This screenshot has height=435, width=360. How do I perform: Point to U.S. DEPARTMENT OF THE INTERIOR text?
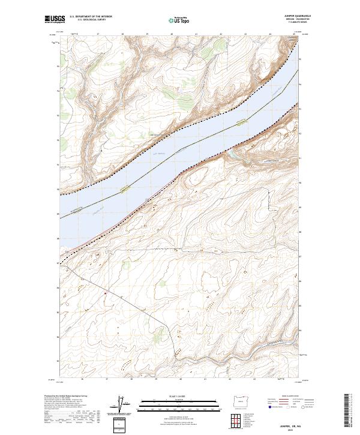[91, 17]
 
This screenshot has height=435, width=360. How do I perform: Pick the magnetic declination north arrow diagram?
[122, 404]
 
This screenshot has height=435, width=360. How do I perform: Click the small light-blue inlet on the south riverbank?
[231, 154]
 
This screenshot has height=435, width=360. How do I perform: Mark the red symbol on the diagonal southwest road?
[105, 293]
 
